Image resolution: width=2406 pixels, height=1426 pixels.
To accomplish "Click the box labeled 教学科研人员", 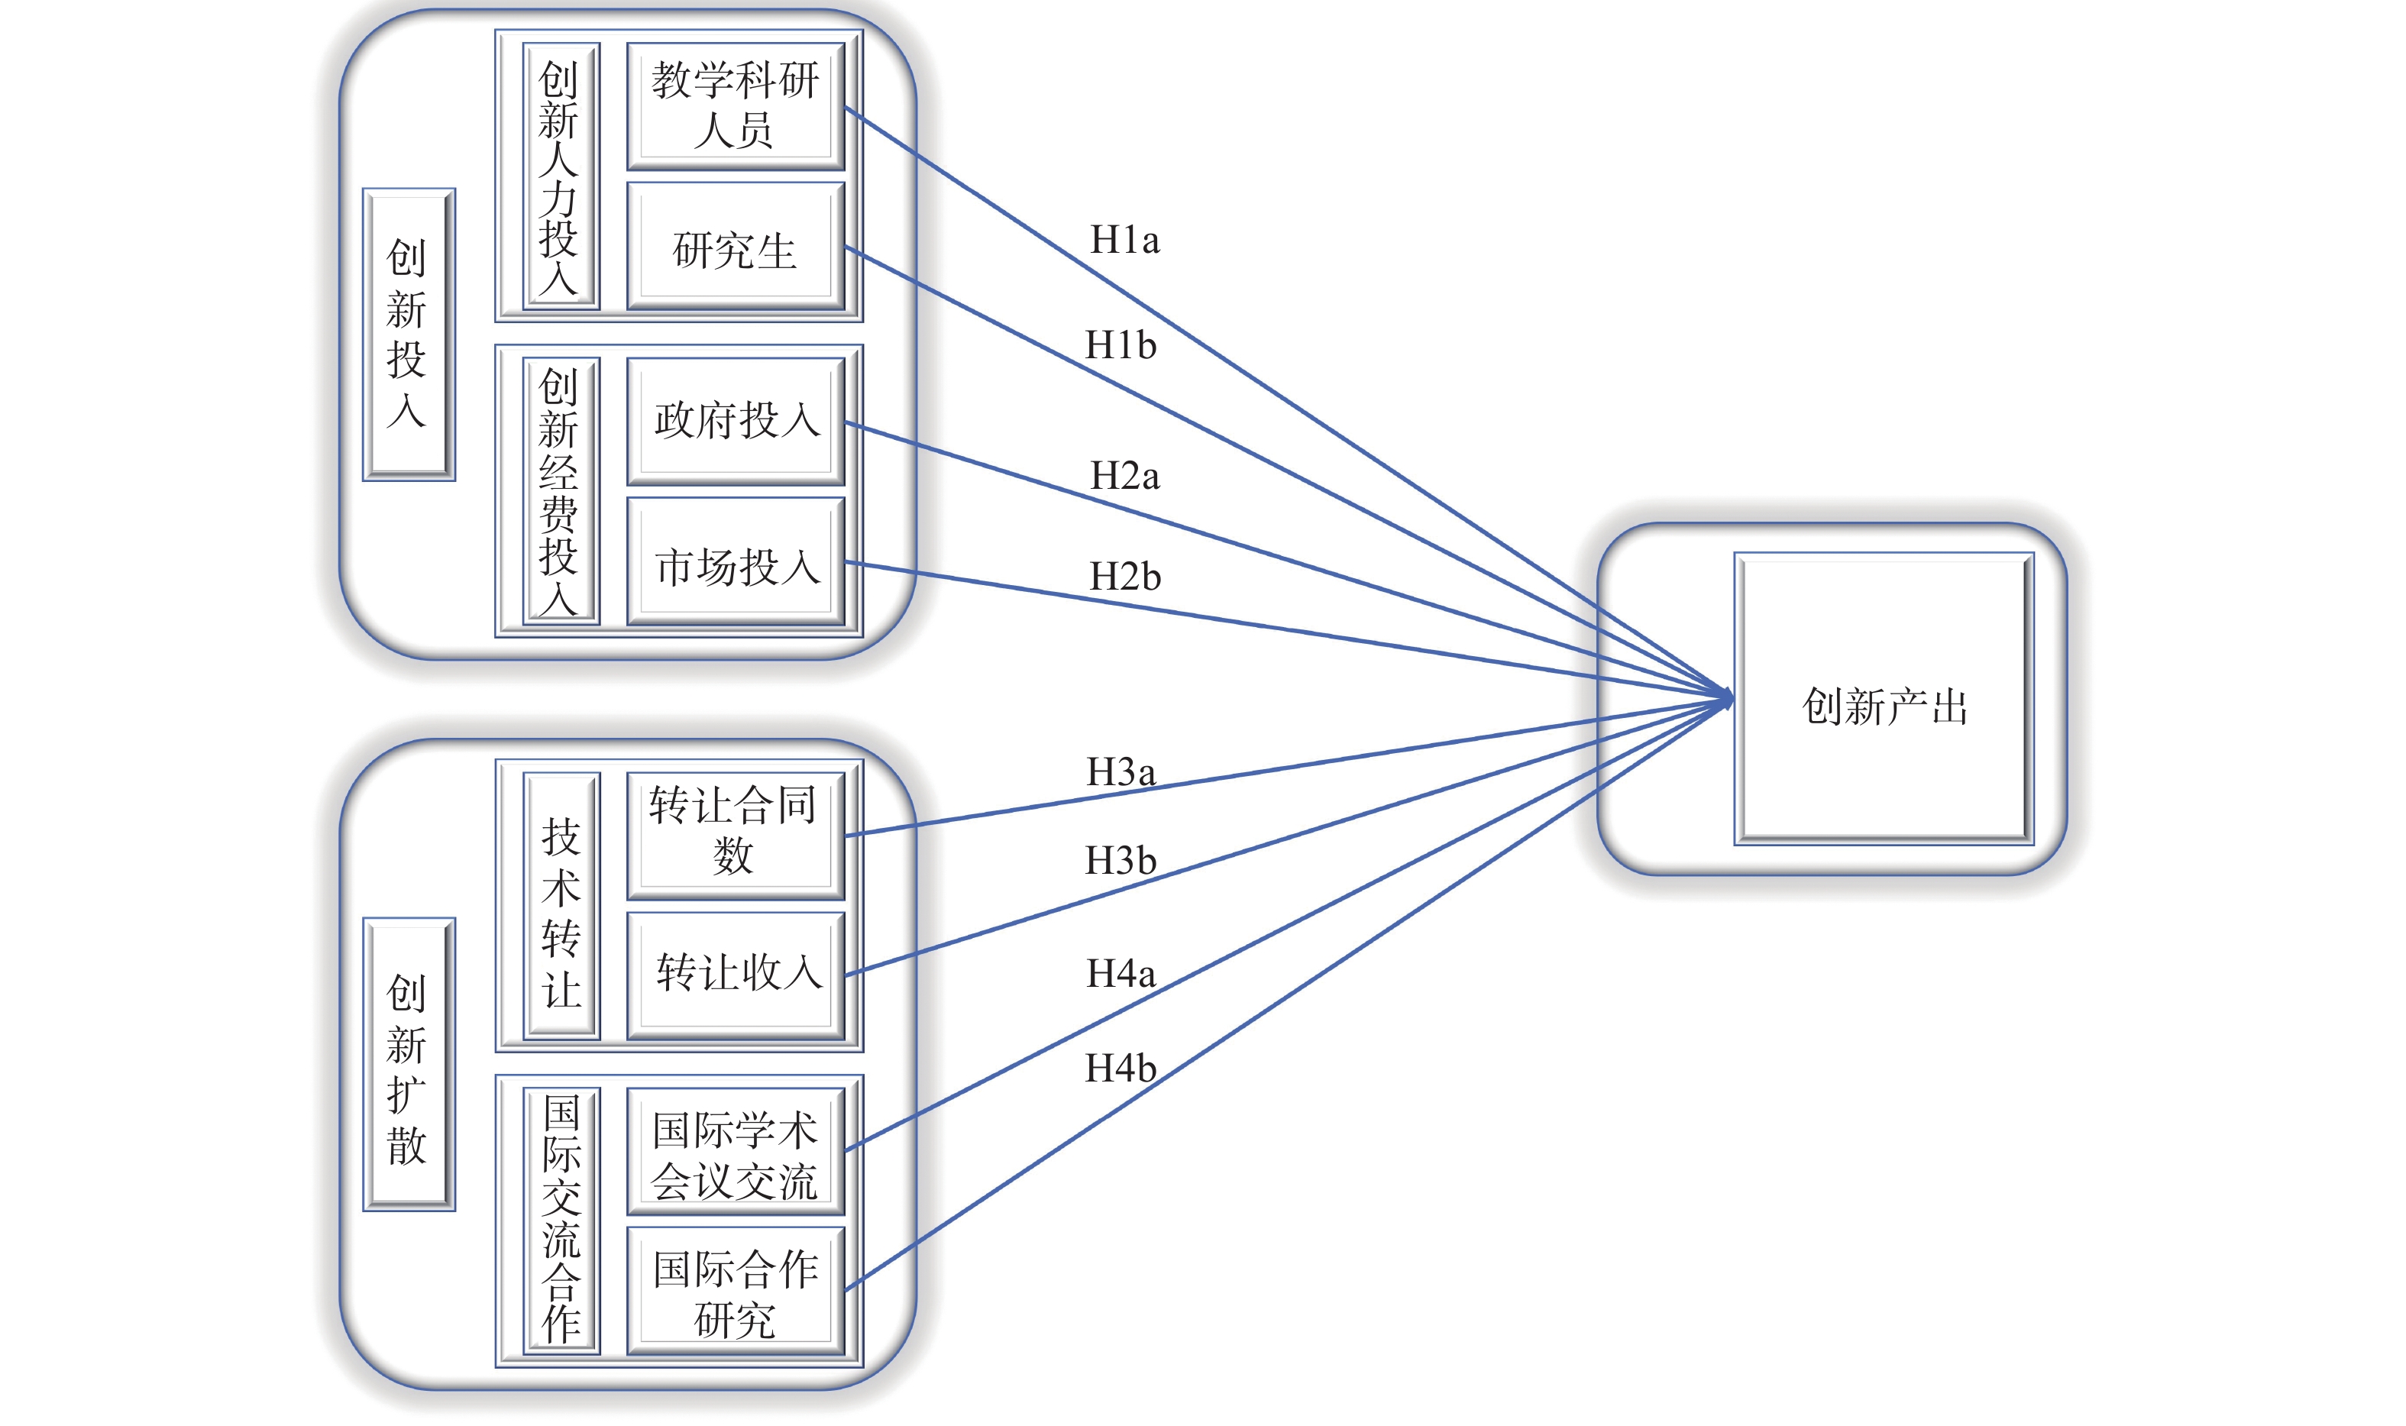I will click(x=735, y=105).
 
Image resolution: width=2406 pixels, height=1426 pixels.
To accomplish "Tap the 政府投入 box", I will click(x=735, y=421).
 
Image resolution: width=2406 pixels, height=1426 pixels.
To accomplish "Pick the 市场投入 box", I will click(x=735, y=562).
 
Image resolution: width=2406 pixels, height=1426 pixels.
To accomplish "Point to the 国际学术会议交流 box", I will click(x=735, y=1151).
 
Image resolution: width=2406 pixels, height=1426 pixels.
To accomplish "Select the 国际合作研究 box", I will click(x=735, y=1291).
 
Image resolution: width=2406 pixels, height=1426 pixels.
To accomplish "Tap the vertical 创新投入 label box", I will click(x=409, y=335).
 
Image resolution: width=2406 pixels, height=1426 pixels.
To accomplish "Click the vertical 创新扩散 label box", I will click(x=409, y=1065).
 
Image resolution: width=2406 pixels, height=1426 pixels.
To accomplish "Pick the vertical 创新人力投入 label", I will click(x=560, y=176).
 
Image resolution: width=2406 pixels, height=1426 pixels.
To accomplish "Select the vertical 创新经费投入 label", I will click(x=560, y=491).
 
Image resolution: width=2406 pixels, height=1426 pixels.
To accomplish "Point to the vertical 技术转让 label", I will click(x=561, y=906).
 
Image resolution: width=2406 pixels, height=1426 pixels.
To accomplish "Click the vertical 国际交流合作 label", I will click(x=561, y=1221).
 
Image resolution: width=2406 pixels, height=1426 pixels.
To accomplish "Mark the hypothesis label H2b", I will click(x=1124, y=577).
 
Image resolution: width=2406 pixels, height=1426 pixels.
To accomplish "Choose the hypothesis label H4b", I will click(x=1121, y=1069).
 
